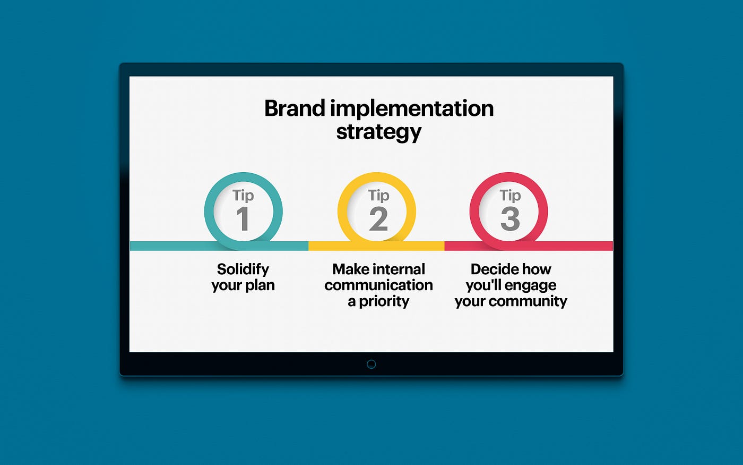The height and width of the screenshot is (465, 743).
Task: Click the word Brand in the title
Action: point(295,108)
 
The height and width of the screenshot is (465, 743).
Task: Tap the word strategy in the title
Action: point(378,132)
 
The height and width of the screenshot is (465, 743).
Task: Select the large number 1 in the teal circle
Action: point(243,219)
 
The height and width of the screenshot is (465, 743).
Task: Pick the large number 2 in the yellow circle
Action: point(378,219)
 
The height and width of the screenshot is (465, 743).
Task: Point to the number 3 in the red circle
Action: point(510,219)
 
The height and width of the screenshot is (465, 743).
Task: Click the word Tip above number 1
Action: point(243,196)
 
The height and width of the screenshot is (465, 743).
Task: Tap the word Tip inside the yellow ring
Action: point(378,196)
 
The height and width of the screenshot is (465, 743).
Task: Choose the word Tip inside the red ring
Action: point(510,196)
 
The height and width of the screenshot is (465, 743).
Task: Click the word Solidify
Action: point(243,269)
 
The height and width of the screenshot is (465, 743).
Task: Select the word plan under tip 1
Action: point(260,285)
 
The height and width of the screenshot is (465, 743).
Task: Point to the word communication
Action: point(378,285)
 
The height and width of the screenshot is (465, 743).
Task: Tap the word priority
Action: point(384,302)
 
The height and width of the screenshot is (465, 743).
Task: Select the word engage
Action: point(531,286)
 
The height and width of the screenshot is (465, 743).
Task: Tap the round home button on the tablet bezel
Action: point(371,364)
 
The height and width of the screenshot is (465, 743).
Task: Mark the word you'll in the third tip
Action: point(483,285)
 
